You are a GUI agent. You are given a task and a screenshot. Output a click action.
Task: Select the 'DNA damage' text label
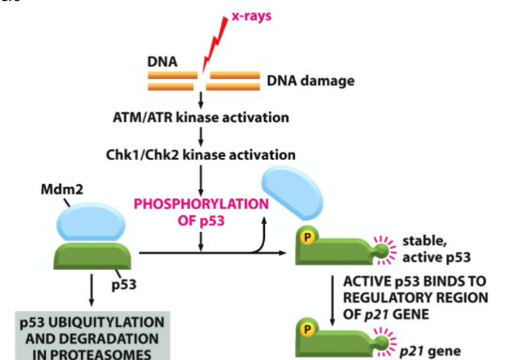(x=311, y=81)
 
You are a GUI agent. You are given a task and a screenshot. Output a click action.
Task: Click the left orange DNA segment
(x=171, y=81)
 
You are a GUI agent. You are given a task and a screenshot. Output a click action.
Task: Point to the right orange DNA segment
(x=236, y=81)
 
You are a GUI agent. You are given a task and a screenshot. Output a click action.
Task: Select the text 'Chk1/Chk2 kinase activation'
(x=201, y=153)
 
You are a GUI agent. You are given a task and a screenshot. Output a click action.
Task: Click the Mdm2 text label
(x=61, y=189)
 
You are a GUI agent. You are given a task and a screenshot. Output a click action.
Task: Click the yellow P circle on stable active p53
(x=306, y=238)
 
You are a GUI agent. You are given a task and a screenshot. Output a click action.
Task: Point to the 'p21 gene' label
(x=430, y=349)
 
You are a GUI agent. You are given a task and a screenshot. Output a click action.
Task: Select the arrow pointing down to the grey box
(x=91, y=290)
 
